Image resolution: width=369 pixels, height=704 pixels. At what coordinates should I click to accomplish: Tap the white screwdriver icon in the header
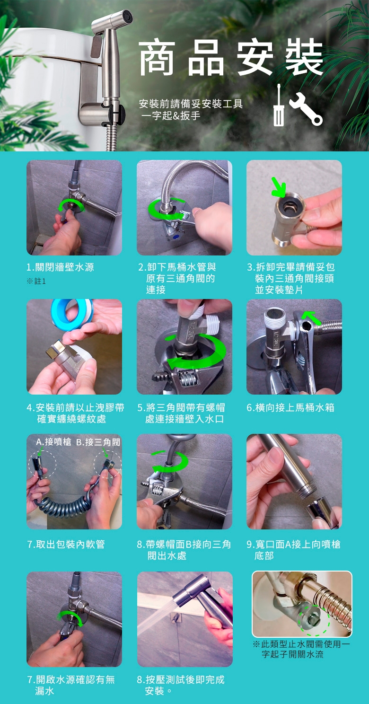tap(278, 106)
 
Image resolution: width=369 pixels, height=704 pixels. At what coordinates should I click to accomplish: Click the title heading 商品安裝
tap(231, 58)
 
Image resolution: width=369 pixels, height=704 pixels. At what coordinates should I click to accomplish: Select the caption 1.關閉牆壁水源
tap(60, 267)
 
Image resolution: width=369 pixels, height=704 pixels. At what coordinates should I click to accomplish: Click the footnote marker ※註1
tap(36, 282)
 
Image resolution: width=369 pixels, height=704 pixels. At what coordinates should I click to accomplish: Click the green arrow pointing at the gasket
tap(278, 187)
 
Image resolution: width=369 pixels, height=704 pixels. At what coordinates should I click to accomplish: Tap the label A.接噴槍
tap(54, 442)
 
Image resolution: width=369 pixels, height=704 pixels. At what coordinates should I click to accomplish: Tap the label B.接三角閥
tap(98, 442)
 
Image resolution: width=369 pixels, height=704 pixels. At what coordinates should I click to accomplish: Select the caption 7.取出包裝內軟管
tap(66, 545)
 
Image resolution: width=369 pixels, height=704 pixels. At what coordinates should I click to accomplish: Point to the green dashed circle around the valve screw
tap(314, 618)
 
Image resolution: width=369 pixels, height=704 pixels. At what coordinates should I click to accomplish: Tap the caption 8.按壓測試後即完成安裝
tap(181, 685)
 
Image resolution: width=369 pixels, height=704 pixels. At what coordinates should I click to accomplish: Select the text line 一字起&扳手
tap(171, 115)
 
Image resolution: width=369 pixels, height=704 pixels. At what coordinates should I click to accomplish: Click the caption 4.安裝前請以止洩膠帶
tap(75, 408)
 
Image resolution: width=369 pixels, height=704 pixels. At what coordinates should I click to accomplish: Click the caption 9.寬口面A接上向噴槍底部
tap(293, 550)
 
